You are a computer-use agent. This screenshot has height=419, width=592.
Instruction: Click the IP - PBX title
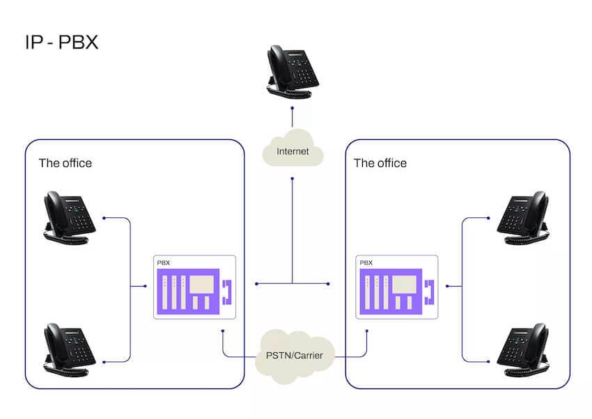[61, 41]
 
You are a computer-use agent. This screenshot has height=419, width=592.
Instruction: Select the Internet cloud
[293, 150]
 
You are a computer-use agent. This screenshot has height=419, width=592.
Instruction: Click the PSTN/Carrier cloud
[295, 355]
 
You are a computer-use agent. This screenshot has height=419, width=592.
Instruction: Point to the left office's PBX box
[194, 287]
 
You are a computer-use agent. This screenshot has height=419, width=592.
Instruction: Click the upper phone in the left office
[69, 218]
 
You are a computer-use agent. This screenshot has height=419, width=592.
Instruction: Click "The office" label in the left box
[65, 164]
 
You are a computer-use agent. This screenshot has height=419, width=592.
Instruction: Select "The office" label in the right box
[380, 164]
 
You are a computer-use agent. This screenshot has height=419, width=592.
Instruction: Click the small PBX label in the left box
[164, 263]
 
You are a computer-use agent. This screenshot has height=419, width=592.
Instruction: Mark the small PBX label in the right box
[366, 263]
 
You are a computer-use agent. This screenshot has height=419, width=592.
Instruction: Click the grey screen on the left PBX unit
[202, 283]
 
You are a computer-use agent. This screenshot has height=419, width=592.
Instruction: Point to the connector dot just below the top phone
[293, 109]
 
